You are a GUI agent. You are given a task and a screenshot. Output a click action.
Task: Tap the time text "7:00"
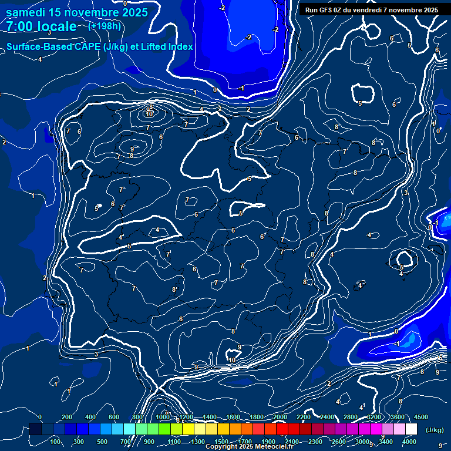(x=19, y=26)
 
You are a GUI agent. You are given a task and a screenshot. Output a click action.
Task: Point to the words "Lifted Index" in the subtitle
(x=166, y=47)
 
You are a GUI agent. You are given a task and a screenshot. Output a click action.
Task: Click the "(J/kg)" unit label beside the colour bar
(x=434, y=430)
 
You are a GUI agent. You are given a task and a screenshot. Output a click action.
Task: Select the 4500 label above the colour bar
(x=420, y=417)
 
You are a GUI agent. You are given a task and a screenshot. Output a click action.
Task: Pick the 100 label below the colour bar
(x=56, y=442)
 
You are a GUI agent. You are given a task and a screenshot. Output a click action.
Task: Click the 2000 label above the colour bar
(x=280, y=417)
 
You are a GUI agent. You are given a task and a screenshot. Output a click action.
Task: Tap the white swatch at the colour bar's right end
(x=411, y=430)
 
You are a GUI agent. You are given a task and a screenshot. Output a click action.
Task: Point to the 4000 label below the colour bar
(x=409, y=442)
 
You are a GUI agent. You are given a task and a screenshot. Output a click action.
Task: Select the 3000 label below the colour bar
(x=362, y=442)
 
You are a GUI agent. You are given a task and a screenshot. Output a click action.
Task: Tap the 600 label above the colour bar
(x=113, y=417)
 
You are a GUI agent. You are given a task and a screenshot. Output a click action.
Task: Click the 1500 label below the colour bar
(x=221, y=442)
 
